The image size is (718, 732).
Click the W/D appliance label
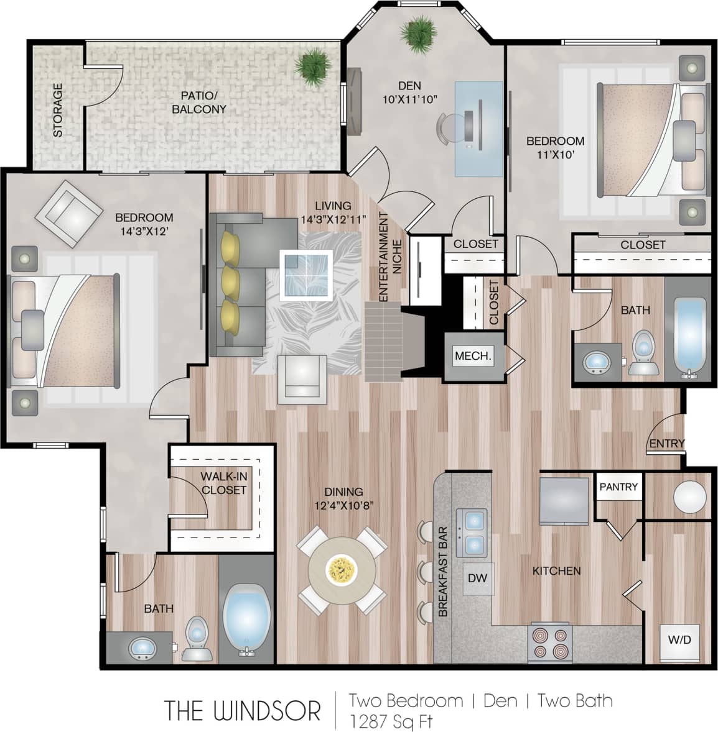click(679, 639)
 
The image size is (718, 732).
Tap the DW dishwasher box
click(477, 578)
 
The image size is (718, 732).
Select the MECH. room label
click(473, 357)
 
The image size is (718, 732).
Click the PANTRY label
click(618, 487)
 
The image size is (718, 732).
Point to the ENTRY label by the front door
click(666, 444)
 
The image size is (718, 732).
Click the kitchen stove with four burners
click(550, 643)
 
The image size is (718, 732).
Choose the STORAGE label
click(58, 110)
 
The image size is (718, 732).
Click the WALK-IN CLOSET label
click(223, 483)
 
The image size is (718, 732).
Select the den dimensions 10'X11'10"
click(409, 99)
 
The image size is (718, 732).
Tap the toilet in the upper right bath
click(643, 353)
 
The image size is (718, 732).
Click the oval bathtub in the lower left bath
click(247, 619)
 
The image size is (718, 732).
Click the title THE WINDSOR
click(242, 710)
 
